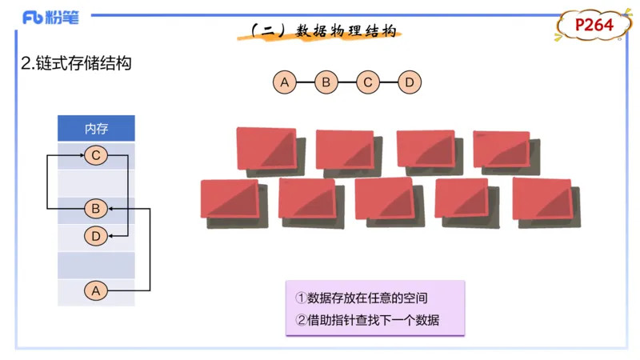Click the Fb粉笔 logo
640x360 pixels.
click(x=50, y=18)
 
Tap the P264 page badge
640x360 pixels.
click(x=594, y=26)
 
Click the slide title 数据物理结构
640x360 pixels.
click(x=323, y=30)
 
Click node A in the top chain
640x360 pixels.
click(x=284, y=82)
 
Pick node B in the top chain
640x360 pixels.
click(x=326, y=82)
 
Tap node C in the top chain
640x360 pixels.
click(x=367, y=82)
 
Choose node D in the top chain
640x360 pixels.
click(x=409, y=82)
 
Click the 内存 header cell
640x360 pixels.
click(x=96, y=128)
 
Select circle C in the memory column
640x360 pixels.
click(x=96, y=155)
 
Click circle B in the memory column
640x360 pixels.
click(x=96, y=210)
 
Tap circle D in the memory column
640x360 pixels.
click(x=96, y=236)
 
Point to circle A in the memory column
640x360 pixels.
click(x=96, y=291)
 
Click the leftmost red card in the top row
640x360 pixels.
click(x=266, y=148)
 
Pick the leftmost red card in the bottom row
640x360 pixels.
click(x=230, y=198)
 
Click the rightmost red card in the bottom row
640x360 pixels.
click(x=542, y=198)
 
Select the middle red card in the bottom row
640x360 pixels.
click(x=384, y=198)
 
